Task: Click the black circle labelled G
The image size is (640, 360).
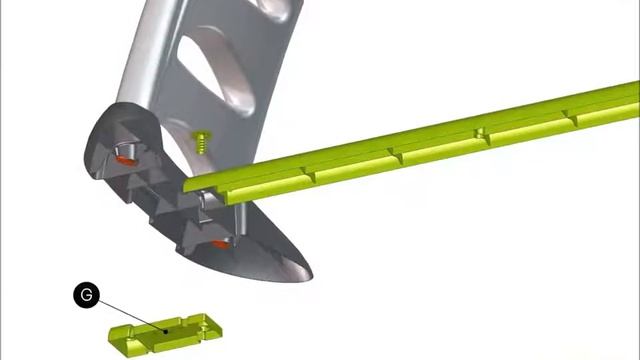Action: point(87,295)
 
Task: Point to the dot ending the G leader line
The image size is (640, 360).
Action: point(165,331)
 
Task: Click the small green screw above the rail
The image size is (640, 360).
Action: point(201,141)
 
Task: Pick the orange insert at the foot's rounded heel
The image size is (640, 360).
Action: point(125,160)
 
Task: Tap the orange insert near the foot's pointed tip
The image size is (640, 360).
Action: point(221,244)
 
